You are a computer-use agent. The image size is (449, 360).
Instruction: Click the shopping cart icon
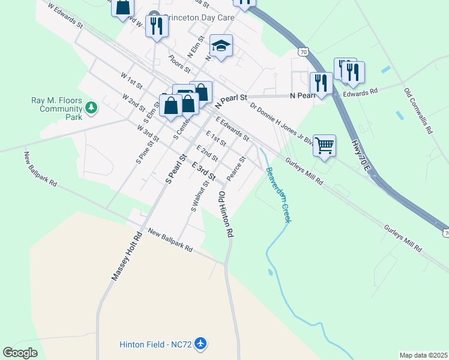[324, 146]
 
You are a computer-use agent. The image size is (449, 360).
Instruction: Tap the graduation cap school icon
[221, 46]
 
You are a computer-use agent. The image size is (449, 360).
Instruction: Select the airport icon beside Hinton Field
[200, 344]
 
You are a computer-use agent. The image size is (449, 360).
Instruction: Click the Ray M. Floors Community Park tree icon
[91, 108]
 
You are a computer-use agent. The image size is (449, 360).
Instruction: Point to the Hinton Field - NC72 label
[154, 344]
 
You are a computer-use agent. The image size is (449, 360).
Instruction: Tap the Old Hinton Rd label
[225, 214]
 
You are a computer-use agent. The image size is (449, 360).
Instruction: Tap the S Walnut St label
[199, 196]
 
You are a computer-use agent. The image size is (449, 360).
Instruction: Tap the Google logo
[20, 353]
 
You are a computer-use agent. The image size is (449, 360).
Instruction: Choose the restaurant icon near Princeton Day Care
[157, 26]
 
